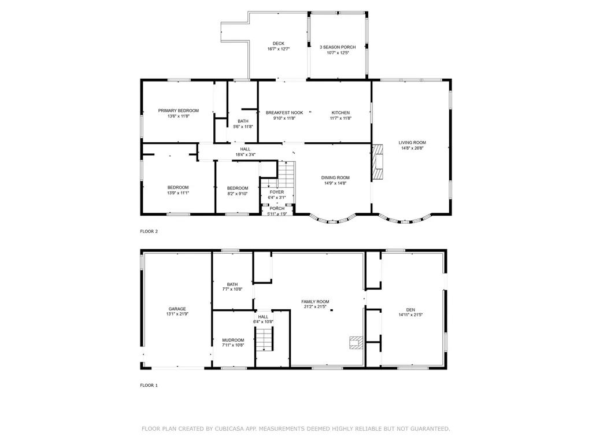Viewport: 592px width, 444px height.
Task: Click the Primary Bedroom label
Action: tap(178, 110)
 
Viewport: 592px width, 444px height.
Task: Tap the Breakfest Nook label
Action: tap(284, 113)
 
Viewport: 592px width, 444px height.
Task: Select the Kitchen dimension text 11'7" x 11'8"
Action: tap(341, 118)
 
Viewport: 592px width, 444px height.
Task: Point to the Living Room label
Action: tap(412, 142)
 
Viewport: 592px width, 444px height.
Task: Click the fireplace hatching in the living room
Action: tap(378, 162)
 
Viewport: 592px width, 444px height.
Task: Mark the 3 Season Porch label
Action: tap(338, 47)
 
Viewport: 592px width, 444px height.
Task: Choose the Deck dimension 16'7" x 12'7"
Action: tap(279, 49)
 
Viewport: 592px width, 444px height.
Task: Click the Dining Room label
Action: tap(335, 177)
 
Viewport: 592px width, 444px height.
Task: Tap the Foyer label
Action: tap(277, 192)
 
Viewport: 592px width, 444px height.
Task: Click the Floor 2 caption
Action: tap(149, 231)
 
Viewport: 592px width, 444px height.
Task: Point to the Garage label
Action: tap(177, 309)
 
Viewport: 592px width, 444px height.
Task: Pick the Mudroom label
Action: tap(233, 340)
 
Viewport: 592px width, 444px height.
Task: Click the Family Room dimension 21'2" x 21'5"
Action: tap(315, 307)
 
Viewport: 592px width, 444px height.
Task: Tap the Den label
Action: tap(410, 310)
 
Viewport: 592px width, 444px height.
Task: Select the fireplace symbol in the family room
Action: tap(356, 342)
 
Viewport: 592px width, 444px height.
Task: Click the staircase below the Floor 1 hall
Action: tap(264, 339)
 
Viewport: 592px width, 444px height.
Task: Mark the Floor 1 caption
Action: tap(149, 386)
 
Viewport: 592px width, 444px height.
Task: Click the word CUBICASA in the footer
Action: tap(230, 429)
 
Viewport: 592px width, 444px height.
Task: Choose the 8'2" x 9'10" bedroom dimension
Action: tap(238, 194)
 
